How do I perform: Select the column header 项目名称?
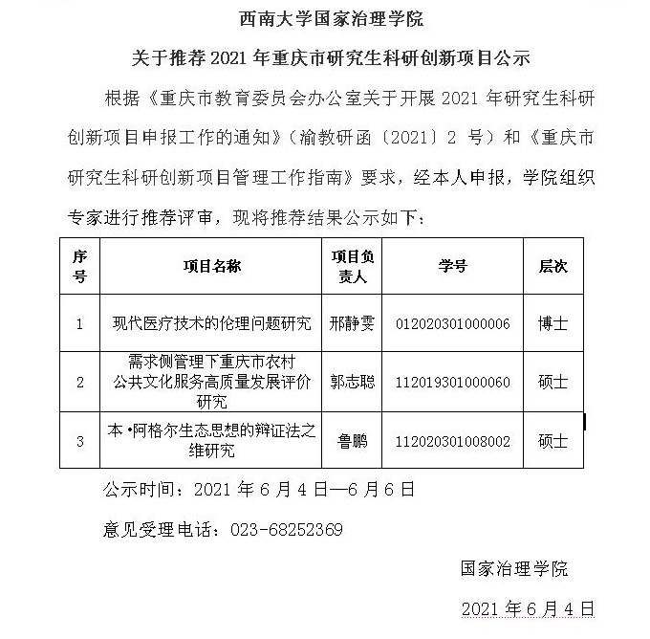coord(211,266)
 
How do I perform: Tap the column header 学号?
coord(452,266)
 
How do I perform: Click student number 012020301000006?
coord(452,323)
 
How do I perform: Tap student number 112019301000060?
coord(452,382)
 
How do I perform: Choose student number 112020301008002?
coord(452,441)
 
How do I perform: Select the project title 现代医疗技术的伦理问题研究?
coord(211,323)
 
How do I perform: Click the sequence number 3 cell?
coord(80,441)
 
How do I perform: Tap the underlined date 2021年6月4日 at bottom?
coord(528,608)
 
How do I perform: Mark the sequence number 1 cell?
coord(80,323)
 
